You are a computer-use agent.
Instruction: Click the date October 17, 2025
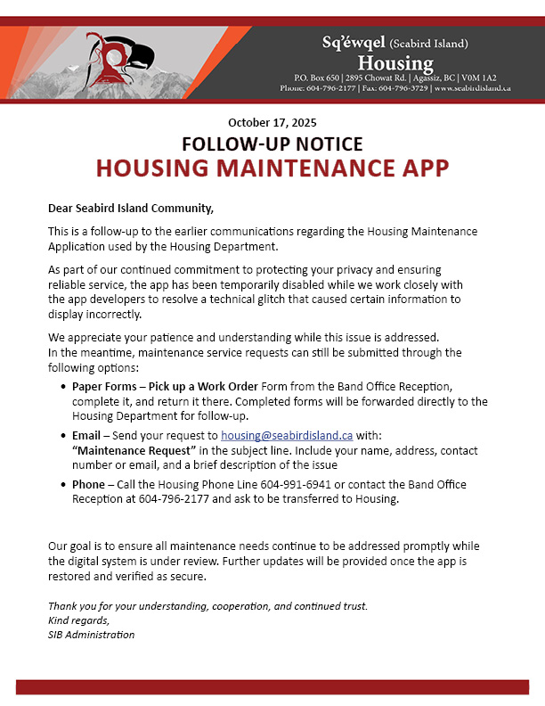[x=272, y=122]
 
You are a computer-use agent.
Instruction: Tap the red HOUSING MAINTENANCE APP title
[x=272, y=168]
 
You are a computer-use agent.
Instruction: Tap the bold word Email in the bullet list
[x=86, y=436]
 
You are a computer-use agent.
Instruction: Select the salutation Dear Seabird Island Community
[x=131, y=209]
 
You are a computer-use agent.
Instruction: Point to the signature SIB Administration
[x=91, y=635]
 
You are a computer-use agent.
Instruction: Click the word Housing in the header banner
[x=395, y=63]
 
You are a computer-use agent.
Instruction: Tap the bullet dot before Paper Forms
[x=62, y=387]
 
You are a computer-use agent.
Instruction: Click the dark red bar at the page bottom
[x=272, y=686]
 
